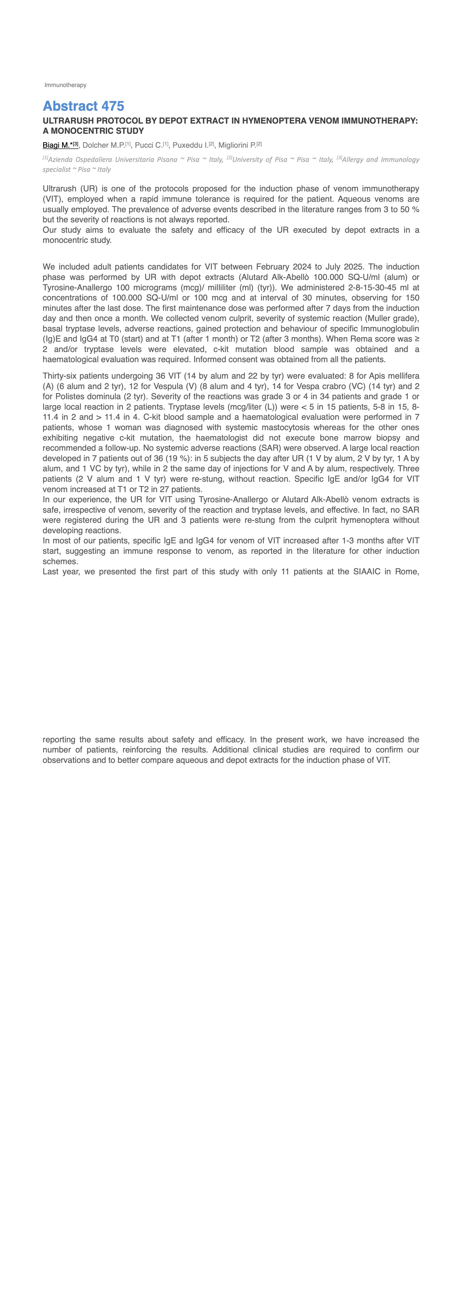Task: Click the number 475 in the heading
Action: click(113, 106)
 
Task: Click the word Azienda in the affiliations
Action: click(60, 160)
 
